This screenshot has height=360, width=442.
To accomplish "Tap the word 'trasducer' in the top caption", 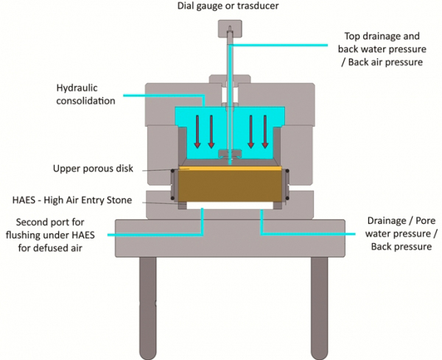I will (x=256, y=7).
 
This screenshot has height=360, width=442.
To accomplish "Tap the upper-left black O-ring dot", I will (x=173, y=173).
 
